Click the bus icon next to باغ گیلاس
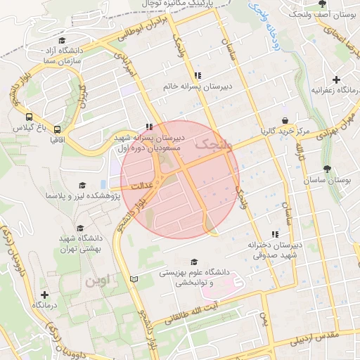click(29, 117)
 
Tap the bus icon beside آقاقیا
click(57, 129)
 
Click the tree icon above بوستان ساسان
click(327, 169)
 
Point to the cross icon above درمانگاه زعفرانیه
click(337, 79)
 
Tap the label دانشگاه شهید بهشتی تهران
click(79, 243)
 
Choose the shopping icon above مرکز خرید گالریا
click(284, 120)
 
